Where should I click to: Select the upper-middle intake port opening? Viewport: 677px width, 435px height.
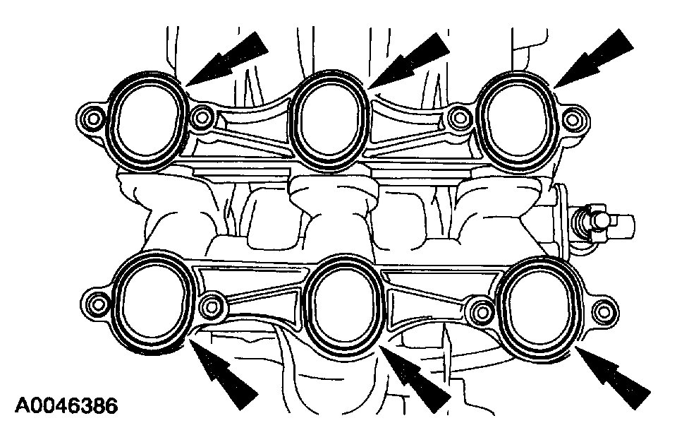coord(330,120)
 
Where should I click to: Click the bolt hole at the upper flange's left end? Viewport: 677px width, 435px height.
coord(92,117)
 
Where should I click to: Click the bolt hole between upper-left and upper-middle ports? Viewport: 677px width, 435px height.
coord(203,117)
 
